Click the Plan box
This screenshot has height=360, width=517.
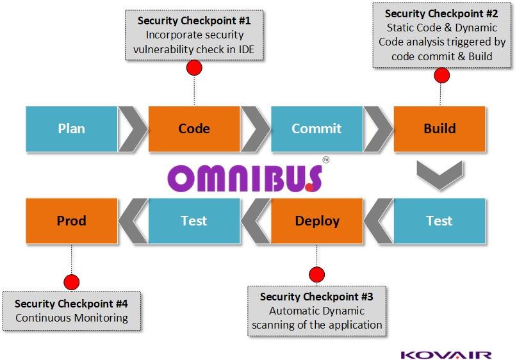click(x=71, y=129)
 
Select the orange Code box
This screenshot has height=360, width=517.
click(x=194, y=129)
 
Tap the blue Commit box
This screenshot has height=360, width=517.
click(x=316, y=129)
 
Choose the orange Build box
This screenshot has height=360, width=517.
click(x=439, y=129)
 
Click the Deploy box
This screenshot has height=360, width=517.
click(x=316, y=221)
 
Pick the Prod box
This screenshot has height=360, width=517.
click(x=71, y=221)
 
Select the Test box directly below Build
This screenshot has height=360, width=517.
click(x=439, y=221)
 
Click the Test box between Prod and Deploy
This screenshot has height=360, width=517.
click(x=194, y=221)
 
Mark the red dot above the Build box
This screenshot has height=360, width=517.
click(x=441, y=76)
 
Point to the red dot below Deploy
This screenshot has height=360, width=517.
click(x=316, y=275)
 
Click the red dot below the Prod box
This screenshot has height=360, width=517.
click(x=71, y=282)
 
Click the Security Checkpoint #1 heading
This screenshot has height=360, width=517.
click(x=194, y=20)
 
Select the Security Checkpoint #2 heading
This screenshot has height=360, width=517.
click(x=441, y=13)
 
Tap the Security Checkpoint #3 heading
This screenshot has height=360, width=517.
click(x=316, y=297)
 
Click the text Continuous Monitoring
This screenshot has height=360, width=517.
click(x=71, y=318)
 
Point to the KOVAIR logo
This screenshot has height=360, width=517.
click(x=446, y=354)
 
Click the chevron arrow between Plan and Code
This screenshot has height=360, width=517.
click(x=133, y=129)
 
